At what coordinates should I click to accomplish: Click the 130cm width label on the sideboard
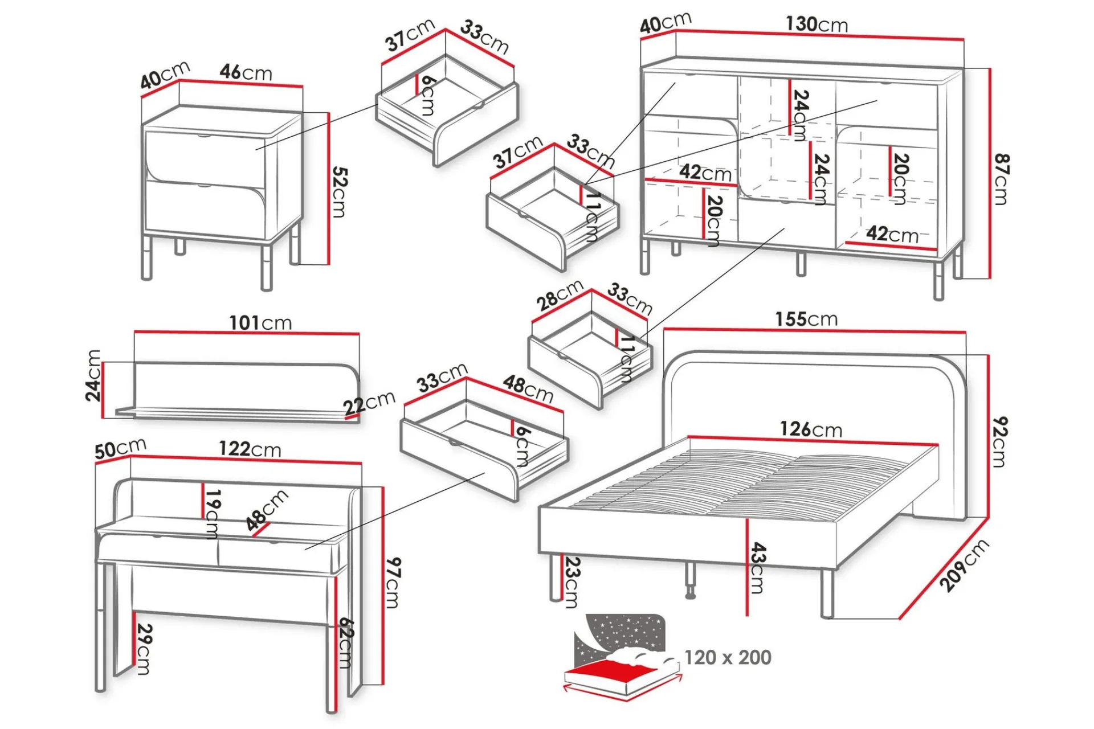817,24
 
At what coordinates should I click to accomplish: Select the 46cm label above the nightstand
246,72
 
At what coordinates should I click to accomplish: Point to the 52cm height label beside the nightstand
338,192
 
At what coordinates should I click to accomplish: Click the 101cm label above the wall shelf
260,323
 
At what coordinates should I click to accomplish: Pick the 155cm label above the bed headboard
806,319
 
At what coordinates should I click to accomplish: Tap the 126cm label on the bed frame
811,429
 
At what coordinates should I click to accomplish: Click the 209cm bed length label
964,566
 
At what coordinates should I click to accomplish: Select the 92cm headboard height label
999,442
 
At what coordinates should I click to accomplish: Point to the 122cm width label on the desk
250,449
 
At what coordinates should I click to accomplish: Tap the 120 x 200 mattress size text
728,657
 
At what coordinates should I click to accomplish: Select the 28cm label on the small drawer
560,295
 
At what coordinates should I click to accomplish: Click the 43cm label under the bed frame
757,568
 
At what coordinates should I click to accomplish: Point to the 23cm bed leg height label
572,582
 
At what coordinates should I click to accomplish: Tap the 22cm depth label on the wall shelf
369,403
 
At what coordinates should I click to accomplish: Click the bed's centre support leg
690,581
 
